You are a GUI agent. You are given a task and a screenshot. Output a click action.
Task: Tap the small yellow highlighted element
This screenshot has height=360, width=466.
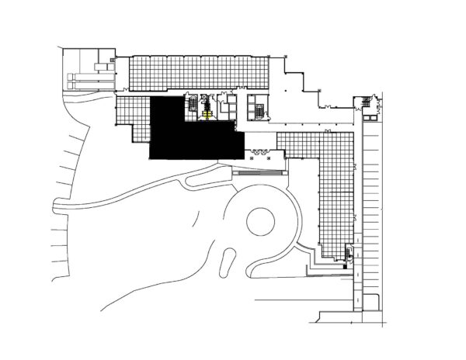[x=207, y=114]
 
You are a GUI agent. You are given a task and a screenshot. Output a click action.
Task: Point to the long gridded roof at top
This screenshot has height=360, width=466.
[x=198, y=71]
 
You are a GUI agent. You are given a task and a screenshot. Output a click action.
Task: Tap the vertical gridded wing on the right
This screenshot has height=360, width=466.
[x=336, y=194]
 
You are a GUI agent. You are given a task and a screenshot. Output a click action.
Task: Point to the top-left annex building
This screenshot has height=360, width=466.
[x=88, y=67]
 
